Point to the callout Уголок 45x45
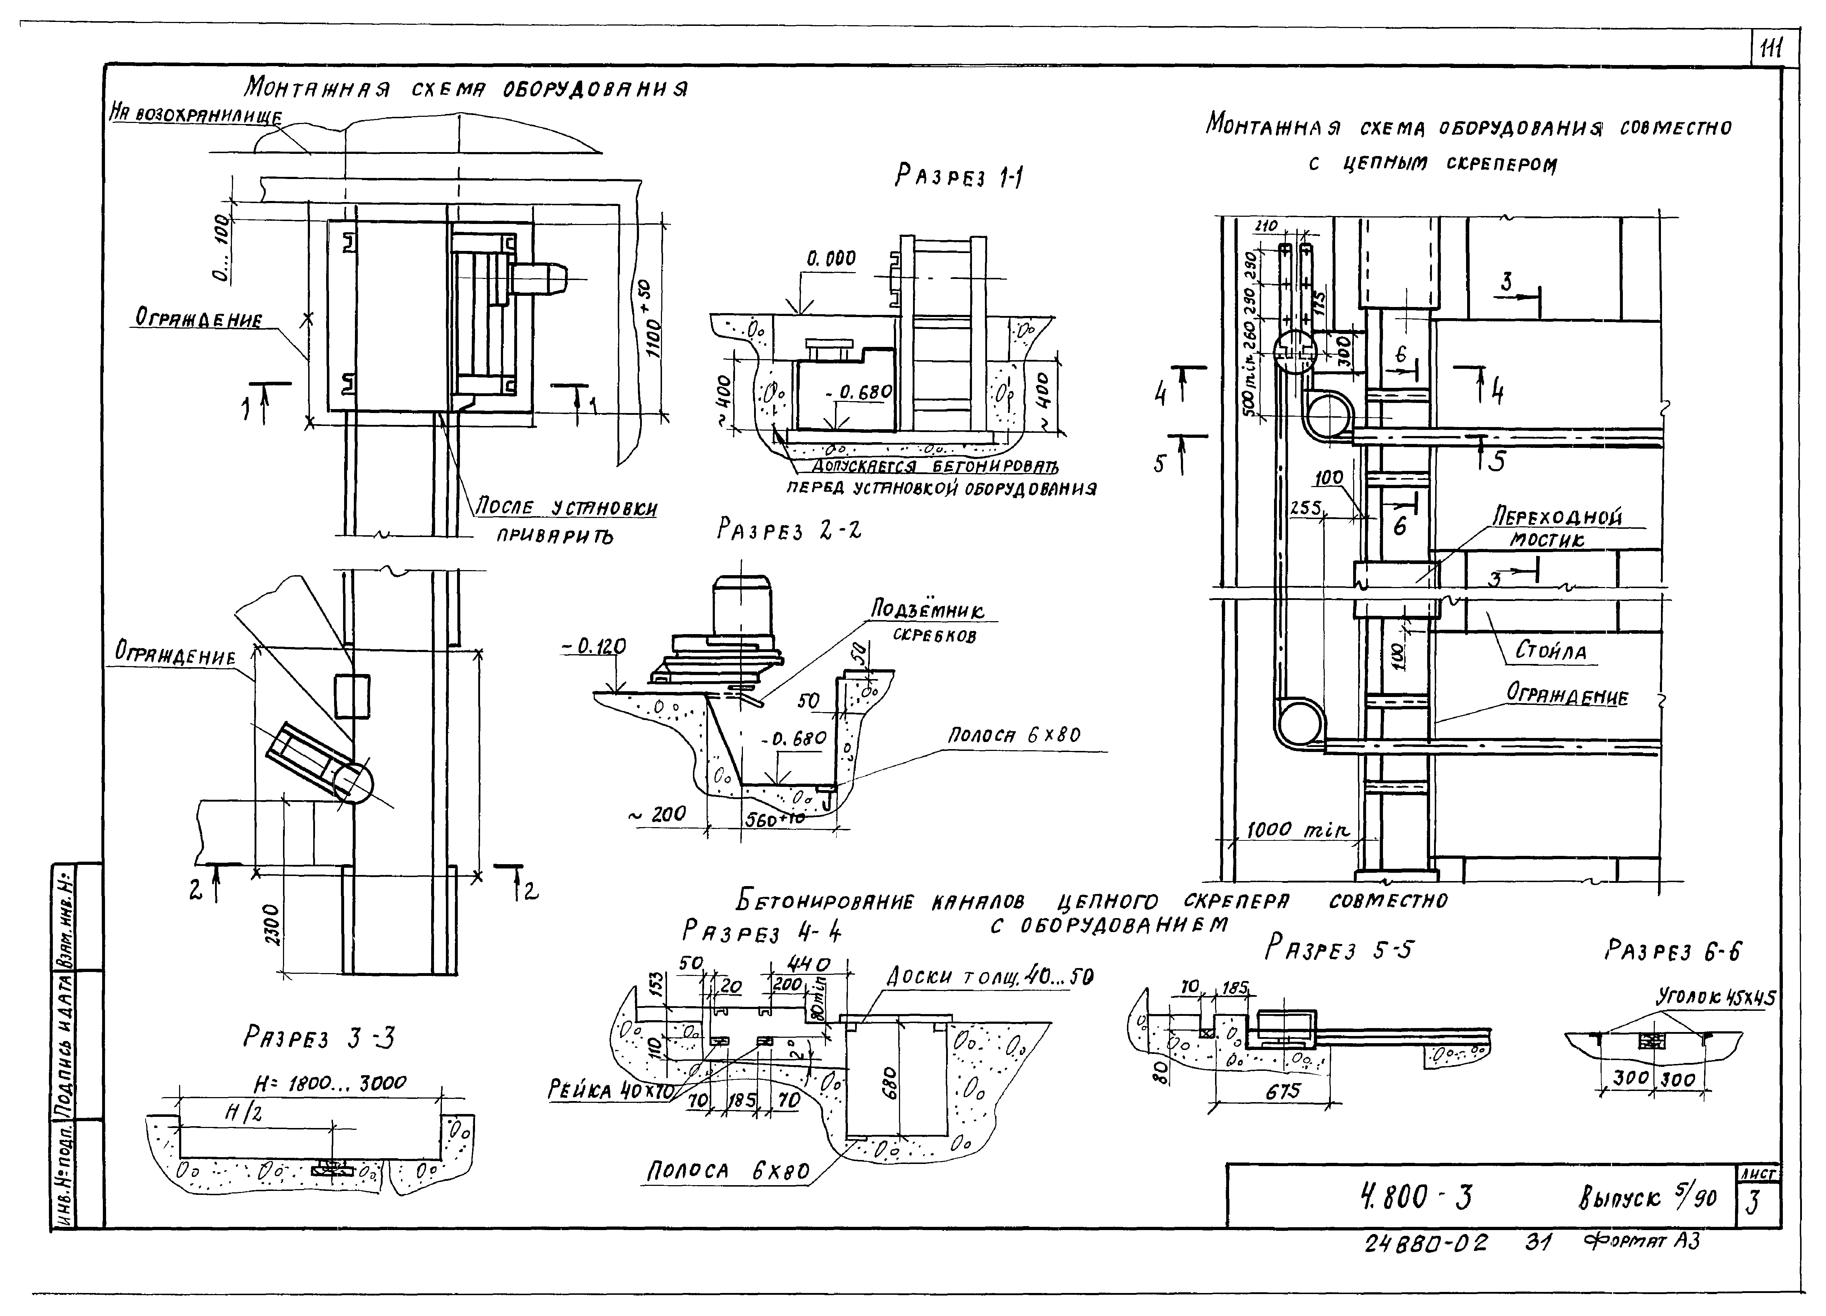tap(1715, 998)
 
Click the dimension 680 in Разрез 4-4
tap(888, 1087)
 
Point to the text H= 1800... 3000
tap(330, 1084)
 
